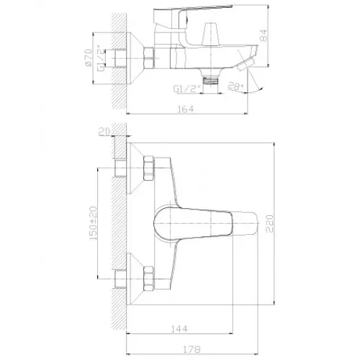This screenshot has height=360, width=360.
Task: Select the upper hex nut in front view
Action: pyautogui.click(x=150, y=168)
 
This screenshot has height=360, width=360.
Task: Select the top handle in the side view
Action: pyautogui.click(x=191, y=11)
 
